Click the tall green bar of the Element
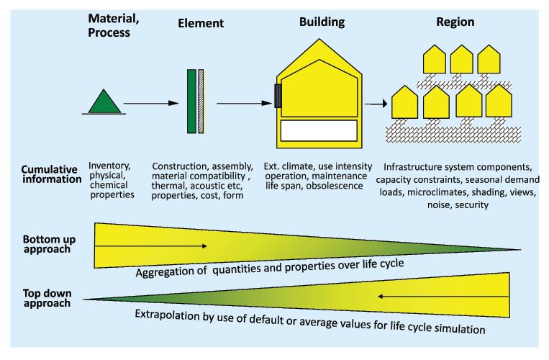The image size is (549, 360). [x=191, y=101]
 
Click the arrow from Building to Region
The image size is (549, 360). [x=376, y=104]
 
